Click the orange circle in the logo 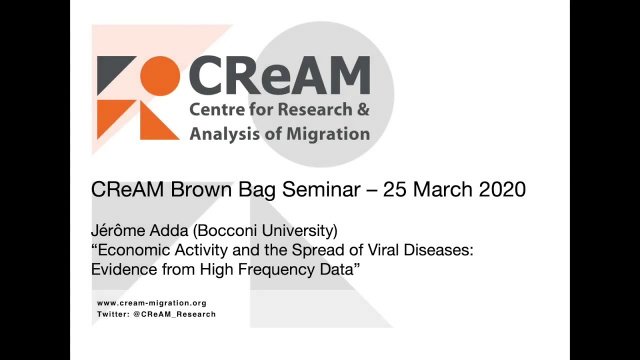click(x=159, y=76)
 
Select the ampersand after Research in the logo click(x=362, y=109)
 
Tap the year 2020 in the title click(x=502, y=189)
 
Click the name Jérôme click(x=118, y=231)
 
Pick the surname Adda click(x=169, y=231)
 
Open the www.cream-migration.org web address click(x=151, y=303)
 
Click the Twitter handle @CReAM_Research click(x=174, y=314)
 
